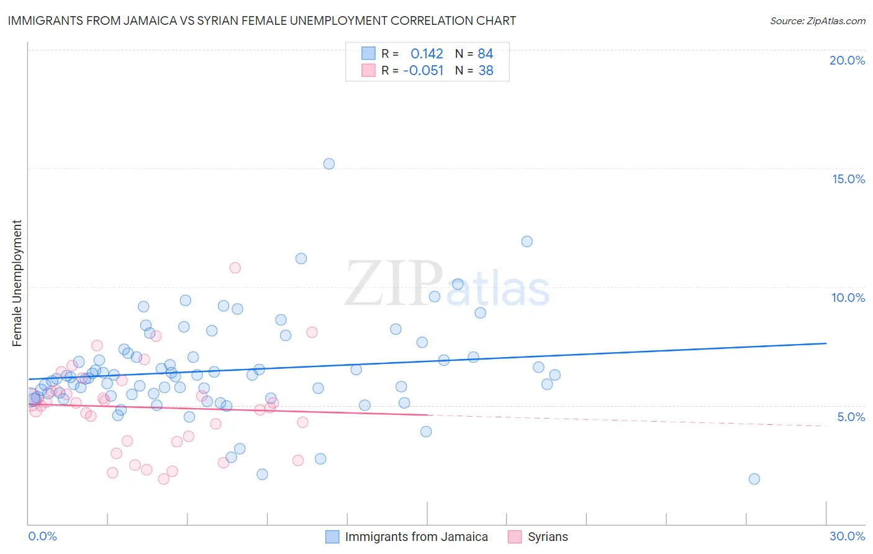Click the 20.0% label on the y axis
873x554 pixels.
pyautogui.click(x=847, y=60)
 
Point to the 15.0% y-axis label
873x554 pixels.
pyautogui.click(x=848, y=179)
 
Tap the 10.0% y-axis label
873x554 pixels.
pyautogui.click(x=848, y=297)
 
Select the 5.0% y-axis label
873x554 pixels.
pyautogui.click(x=851, y=417)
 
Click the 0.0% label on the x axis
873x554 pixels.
pyautogui.click(x=42, y=536)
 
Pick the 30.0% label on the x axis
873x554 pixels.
pyautogui.click(x=847, y=536)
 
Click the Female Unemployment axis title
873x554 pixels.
pyautogui.click(x=17, y=283)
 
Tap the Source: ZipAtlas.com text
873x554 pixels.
pyautogui.click(x=817, y=20)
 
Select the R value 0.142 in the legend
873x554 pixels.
pyautogui.click(x=427, y=54)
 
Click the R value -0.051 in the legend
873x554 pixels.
pyautogui.click(x=423, y=71)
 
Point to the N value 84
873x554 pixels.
pyautogui.click(x=485, y=54)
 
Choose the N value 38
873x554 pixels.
pyautogui.click(x=485, y=71)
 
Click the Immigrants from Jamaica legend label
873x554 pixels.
pyautogui.click(x=416, y=537)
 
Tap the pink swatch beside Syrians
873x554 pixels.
pyautogui.click(x=514, y=537)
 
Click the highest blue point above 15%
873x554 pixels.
pyautogui.click(x=329, y=164)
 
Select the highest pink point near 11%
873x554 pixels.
pyautogui.click(x=235, y=268)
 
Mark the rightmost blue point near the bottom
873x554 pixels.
pyautogui.click(x=754, y=479)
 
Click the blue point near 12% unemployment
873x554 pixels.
pyautogui.click(x=527, y=242)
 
